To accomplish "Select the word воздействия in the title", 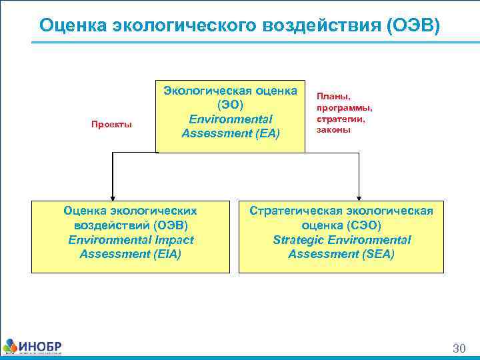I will point(301,25).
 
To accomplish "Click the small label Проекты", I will point(111,124).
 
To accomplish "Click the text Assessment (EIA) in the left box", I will point(130,254).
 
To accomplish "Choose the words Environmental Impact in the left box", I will point(131,239).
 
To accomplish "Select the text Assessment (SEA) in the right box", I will point(341,254).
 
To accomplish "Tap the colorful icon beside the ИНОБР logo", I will point(11,346).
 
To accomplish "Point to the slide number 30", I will point(459,348).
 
